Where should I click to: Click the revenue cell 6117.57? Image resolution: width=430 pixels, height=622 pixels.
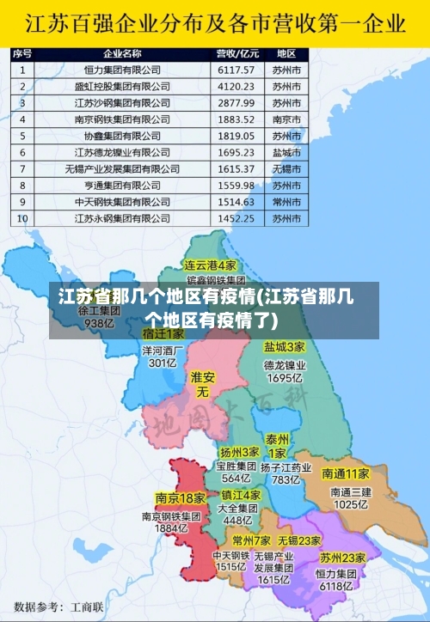(236, 70)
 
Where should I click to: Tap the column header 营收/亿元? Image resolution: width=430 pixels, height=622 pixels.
(236, 53)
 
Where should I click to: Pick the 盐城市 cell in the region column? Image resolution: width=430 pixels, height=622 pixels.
(286, 152)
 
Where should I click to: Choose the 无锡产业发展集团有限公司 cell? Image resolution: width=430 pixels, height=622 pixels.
(134, 168)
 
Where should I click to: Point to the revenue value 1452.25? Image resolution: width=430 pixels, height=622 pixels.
(236, 218)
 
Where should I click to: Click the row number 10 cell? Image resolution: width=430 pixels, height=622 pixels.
(22, 218)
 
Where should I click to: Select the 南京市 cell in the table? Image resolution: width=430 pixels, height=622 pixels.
(286, 119)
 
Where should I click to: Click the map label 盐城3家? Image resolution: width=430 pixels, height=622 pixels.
(284, 348)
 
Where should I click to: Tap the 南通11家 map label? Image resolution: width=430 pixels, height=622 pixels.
(345, 473)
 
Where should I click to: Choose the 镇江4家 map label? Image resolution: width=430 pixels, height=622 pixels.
(241, 496)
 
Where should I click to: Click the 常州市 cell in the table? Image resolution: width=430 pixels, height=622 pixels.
(286, 202)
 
